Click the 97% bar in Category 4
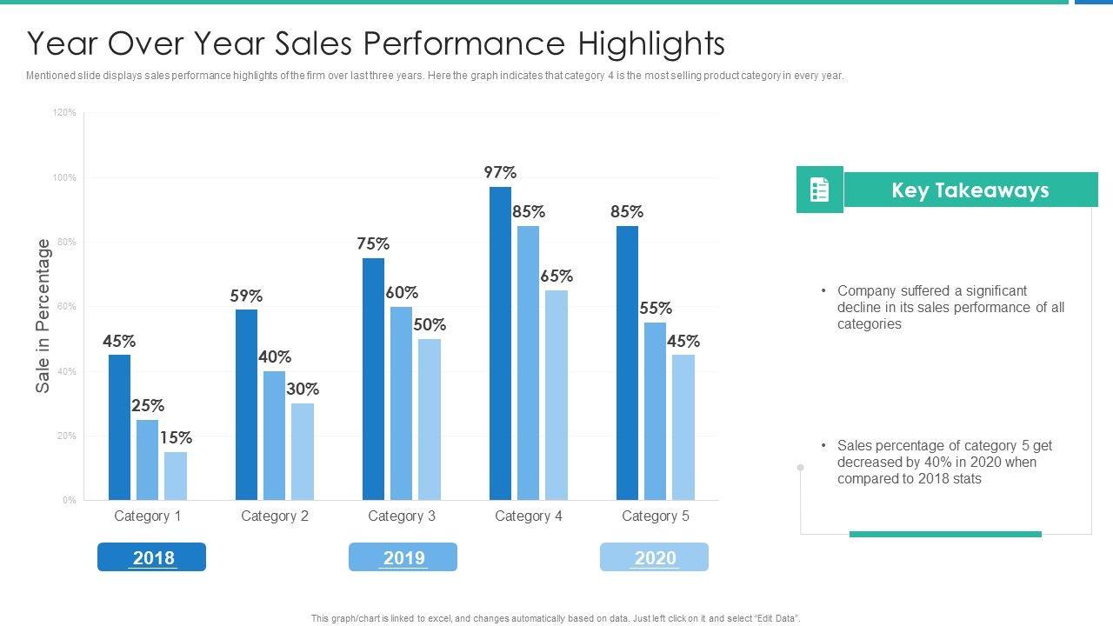click(500, 343)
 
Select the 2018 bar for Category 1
click(119, 427)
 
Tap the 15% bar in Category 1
click(176, 476)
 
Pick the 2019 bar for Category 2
click(275, 436)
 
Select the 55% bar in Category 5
click(656, 411)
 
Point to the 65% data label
click(556, 276)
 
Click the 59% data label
click(246, 296)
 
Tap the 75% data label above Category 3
click(373, 244)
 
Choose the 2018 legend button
click(152, 557)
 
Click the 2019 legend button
click(403, 557)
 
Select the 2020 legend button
click(655, 557)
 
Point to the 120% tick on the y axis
click(65, 113)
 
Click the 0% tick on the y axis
click(69, 501)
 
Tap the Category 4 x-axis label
click(529, 516)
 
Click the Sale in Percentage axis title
click(43, 316)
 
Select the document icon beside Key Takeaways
click(819, 190)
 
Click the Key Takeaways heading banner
click(970, 190)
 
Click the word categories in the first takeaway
click(870, 324)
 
